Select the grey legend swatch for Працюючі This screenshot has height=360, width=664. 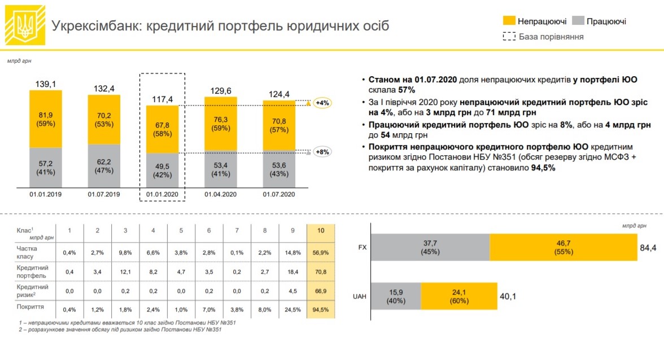[x=577, y=21]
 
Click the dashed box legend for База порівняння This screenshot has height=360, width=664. [x=509, y=37]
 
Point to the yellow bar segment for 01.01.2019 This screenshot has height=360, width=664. [x=46, y=118]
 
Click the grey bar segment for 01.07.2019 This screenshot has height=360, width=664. [x=104, y=165]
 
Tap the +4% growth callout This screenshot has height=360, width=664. [x=322, y=103]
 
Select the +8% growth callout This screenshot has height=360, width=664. [x=322, y=152]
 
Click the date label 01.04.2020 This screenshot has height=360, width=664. [x=220, y=195]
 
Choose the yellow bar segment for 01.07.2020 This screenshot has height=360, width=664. [x=279, y=125]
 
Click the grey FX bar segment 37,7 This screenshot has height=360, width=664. [x=431, y=247]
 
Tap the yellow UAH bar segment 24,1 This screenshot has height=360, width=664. [x=458, y=296]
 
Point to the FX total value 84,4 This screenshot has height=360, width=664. [x=647, y=247]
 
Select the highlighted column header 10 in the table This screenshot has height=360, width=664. [x=321, y=230]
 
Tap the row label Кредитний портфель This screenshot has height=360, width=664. [x=33, y=271]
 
